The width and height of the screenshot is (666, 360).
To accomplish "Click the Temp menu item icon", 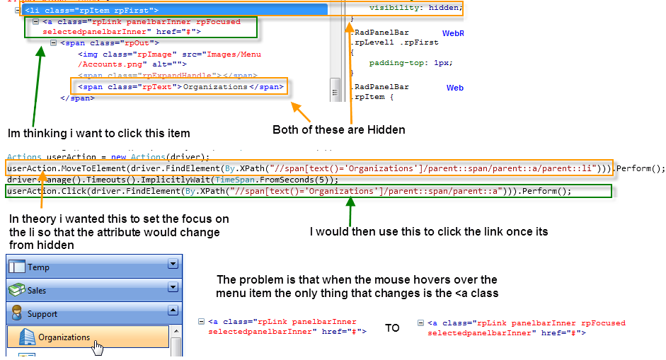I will (x=17, y=267).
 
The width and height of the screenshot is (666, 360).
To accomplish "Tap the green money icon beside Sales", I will (x=17, y=290).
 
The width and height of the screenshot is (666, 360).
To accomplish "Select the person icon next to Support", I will (x=17, y=313).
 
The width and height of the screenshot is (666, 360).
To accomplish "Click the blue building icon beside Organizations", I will (x=27, y=337).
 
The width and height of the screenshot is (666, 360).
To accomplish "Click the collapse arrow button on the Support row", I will (x=172, y=310).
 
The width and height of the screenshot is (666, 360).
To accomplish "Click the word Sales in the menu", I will (x=38, y=291).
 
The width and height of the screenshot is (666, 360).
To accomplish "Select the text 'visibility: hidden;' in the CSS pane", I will (x=415, y=8).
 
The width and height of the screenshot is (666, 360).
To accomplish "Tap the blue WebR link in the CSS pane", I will (x=452, y=33).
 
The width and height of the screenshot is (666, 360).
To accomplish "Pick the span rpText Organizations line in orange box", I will (x=181, y=87).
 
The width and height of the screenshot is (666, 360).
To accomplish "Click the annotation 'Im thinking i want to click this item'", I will (x=98, y=133).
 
